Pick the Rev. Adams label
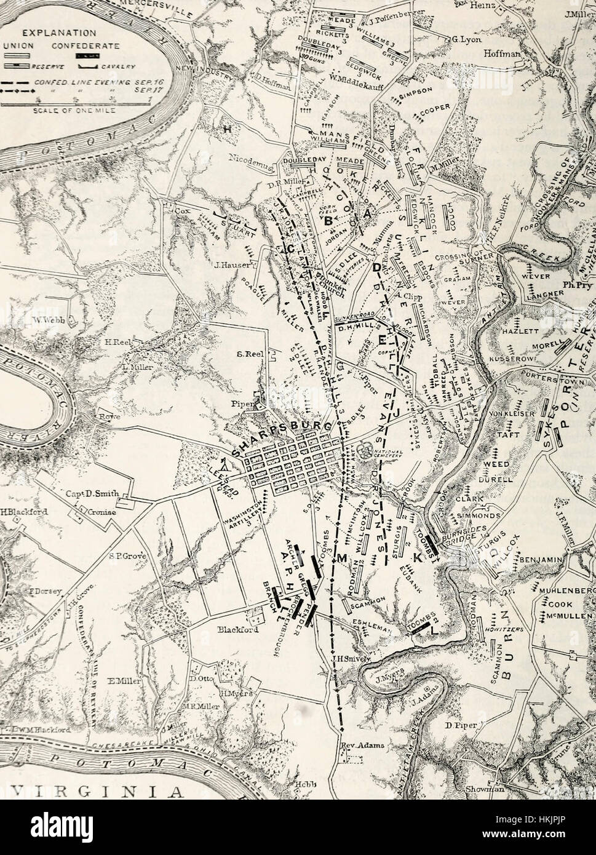point(362,746)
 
